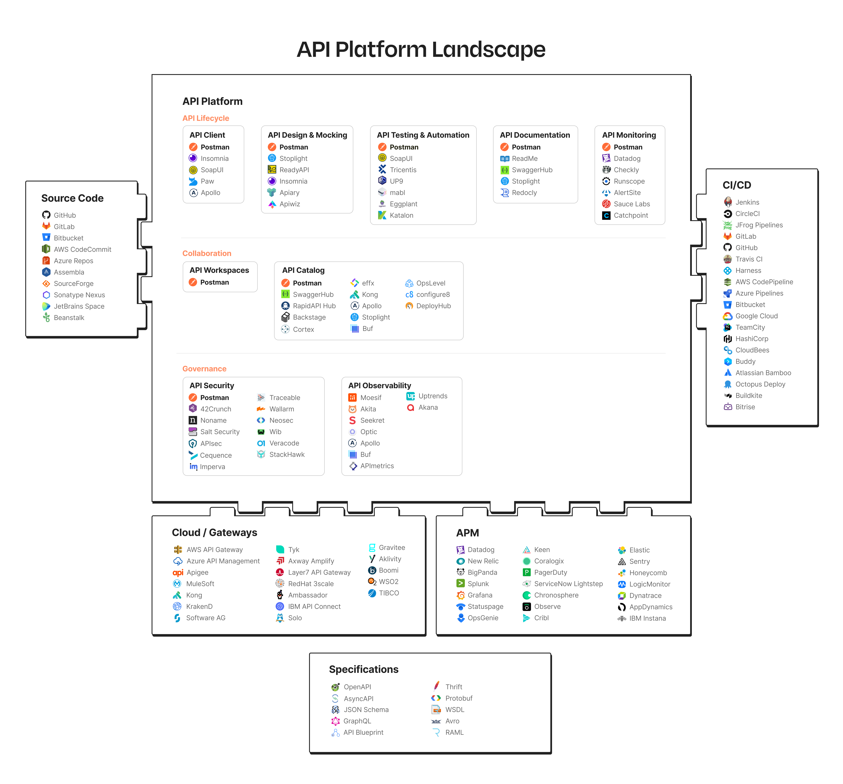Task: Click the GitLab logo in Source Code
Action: click(x=46, y=226)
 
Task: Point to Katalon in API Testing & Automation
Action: click(x=401, y=215)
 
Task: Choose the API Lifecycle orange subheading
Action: click(x=206, y=118)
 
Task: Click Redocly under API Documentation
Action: click(x=524, y=193)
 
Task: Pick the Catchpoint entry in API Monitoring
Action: click(x=631, y=215)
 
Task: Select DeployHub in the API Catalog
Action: click(x=433, y=306)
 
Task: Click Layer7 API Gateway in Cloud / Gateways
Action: click(x=319, y=572)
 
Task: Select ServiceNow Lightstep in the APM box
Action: click(x=568, y=584)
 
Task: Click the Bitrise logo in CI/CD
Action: click(x=728, y=407)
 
